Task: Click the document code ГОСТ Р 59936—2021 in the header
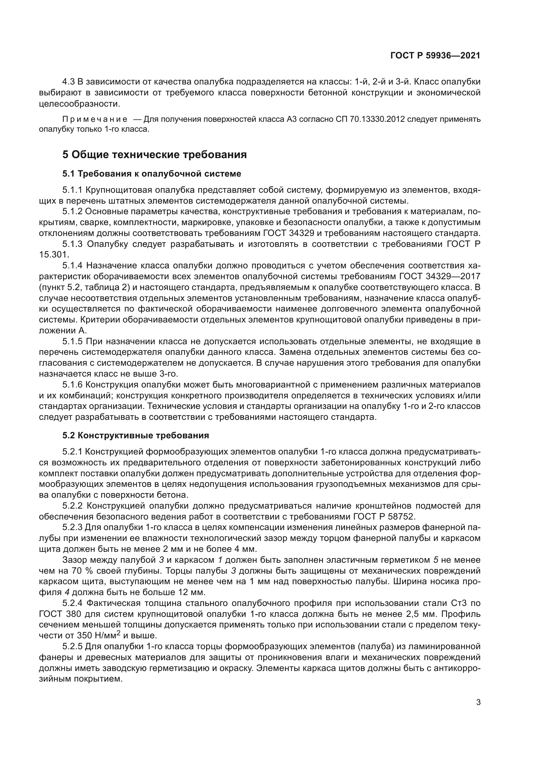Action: (x=435, y=56)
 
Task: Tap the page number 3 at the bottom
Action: (x=478, y=702)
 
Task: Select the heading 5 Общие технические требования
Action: (x=154, y=155)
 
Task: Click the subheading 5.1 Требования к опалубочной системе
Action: (x=152, y=174)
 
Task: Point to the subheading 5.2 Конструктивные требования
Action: (x=135, y=435)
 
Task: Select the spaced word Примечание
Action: (x=95, y=119)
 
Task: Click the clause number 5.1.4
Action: (x=72, y=266)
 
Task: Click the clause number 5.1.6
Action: (x=72, y=385)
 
